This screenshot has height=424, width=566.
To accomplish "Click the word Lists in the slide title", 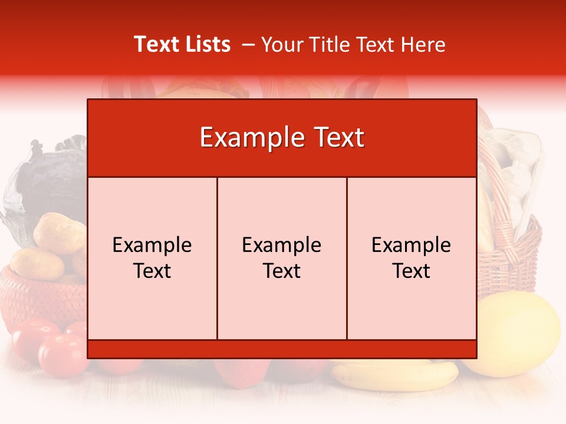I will tap(206, 44).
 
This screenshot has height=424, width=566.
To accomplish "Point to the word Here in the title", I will tap(423, 44).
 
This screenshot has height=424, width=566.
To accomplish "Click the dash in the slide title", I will tap(248, 45).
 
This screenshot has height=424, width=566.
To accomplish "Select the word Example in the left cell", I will tap(152, 245).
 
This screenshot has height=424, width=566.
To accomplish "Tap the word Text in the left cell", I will tap(152, 271).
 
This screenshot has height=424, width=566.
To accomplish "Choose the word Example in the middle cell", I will tap(282, 245).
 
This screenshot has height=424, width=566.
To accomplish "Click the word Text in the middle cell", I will tap(282, 271).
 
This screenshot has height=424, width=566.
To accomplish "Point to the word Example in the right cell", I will tap(412, 245).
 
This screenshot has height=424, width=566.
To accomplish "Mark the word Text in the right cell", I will tap(412, 271).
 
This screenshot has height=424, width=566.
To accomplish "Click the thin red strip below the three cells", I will tap(282, 349).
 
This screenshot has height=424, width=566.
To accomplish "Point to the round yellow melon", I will tap(519, 333).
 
